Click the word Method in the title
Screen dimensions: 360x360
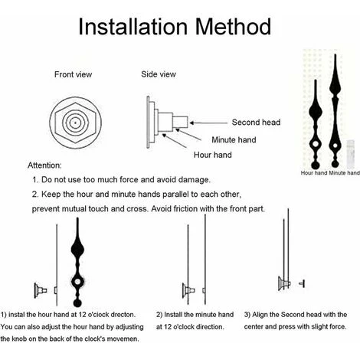point(234,27)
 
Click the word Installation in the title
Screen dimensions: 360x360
point(133,27)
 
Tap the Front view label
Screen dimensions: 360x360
point(73,74)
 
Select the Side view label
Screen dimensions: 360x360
point(159,74)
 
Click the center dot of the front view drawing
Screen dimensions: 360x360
point(75,123)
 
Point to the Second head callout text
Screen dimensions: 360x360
point(256,123)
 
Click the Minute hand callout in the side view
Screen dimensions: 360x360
point(234,140)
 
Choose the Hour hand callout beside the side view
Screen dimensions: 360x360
point(213,155)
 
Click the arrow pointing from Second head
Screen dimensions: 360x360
point(208,123)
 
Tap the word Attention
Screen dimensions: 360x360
point(44,165)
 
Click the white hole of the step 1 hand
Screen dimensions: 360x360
point(77,282)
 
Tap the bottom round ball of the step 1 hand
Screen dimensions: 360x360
point(77,303)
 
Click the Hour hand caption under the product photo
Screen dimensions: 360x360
point(314,173)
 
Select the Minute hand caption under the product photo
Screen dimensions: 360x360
point(344,173)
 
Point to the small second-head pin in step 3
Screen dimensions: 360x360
point(302,283)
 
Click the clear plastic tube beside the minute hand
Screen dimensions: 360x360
point(351,154)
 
